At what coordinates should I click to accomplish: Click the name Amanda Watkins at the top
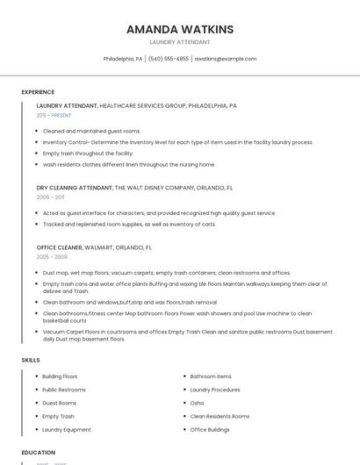coord(180,29)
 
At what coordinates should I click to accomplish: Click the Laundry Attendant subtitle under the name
coord(180,42)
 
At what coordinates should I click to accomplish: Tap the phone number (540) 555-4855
coord(169,59)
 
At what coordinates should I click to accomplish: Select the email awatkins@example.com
coord(226,59)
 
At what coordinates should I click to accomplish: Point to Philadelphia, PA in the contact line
coord(123,59)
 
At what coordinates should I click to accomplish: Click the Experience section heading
coord(38,92)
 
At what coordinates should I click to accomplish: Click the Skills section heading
coord(31,361)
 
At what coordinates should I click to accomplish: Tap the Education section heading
coord(39,453)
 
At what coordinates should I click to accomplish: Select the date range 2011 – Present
coord(54,115)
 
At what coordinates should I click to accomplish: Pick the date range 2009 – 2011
coord(50,197)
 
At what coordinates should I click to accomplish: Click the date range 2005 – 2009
coord(51,257)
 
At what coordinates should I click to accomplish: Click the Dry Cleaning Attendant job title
coord(75,188)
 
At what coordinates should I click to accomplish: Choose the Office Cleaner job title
coord(61,247)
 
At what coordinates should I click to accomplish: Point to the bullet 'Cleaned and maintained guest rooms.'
coord(91,131)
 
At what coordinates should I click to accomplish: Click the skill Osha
coord(197,403)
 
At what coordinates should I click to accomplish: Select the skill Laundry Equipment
coord(67,430)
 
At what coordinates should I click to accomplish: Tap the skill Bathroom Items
coord(211,376)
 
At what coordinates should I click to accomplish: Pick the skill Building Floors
coord(60,376)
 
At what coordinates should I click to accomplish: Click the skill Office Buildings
coord(210,430)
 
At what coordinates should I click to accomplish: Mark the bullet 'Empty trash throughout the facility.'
coord(88,154)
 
